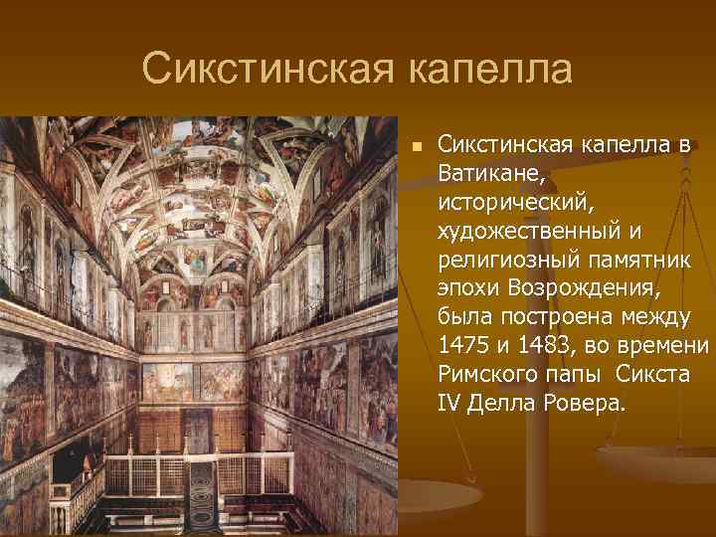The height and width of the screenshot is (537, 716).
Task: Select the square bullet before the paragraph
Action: point(419,146)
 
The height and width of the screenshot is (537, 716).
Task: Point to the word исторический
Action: point(515,203)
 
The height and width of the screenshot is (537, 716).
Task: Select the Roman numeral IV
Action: point(448,403)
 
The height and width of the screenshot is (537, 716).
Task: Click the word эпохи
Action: point(468,288)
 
